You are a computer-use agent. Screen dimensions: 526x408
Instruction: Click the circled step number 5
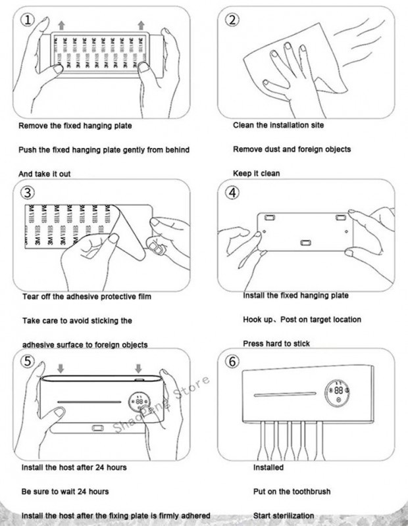27,362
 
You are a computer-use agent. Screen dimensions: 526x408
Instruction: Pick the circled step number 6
233,362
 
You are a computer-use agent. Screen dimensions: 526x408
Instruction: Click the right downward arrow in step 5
139,366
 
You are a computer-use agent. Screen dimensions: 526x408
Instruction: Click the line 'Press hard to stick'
276,344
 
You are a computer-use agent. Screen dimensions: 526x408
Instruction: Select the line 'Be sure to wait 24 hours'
65,492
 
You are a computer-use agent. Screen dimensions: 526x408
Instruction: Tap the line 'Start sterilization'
284,515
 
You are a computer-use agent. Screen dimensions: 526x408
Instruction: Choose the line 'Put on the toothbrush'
292,491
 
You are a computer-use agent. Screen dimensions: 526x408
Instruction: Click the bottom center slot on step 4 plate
305,242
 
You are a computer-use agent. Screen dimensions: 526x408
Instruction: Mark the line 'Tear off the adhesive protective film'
86,297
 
